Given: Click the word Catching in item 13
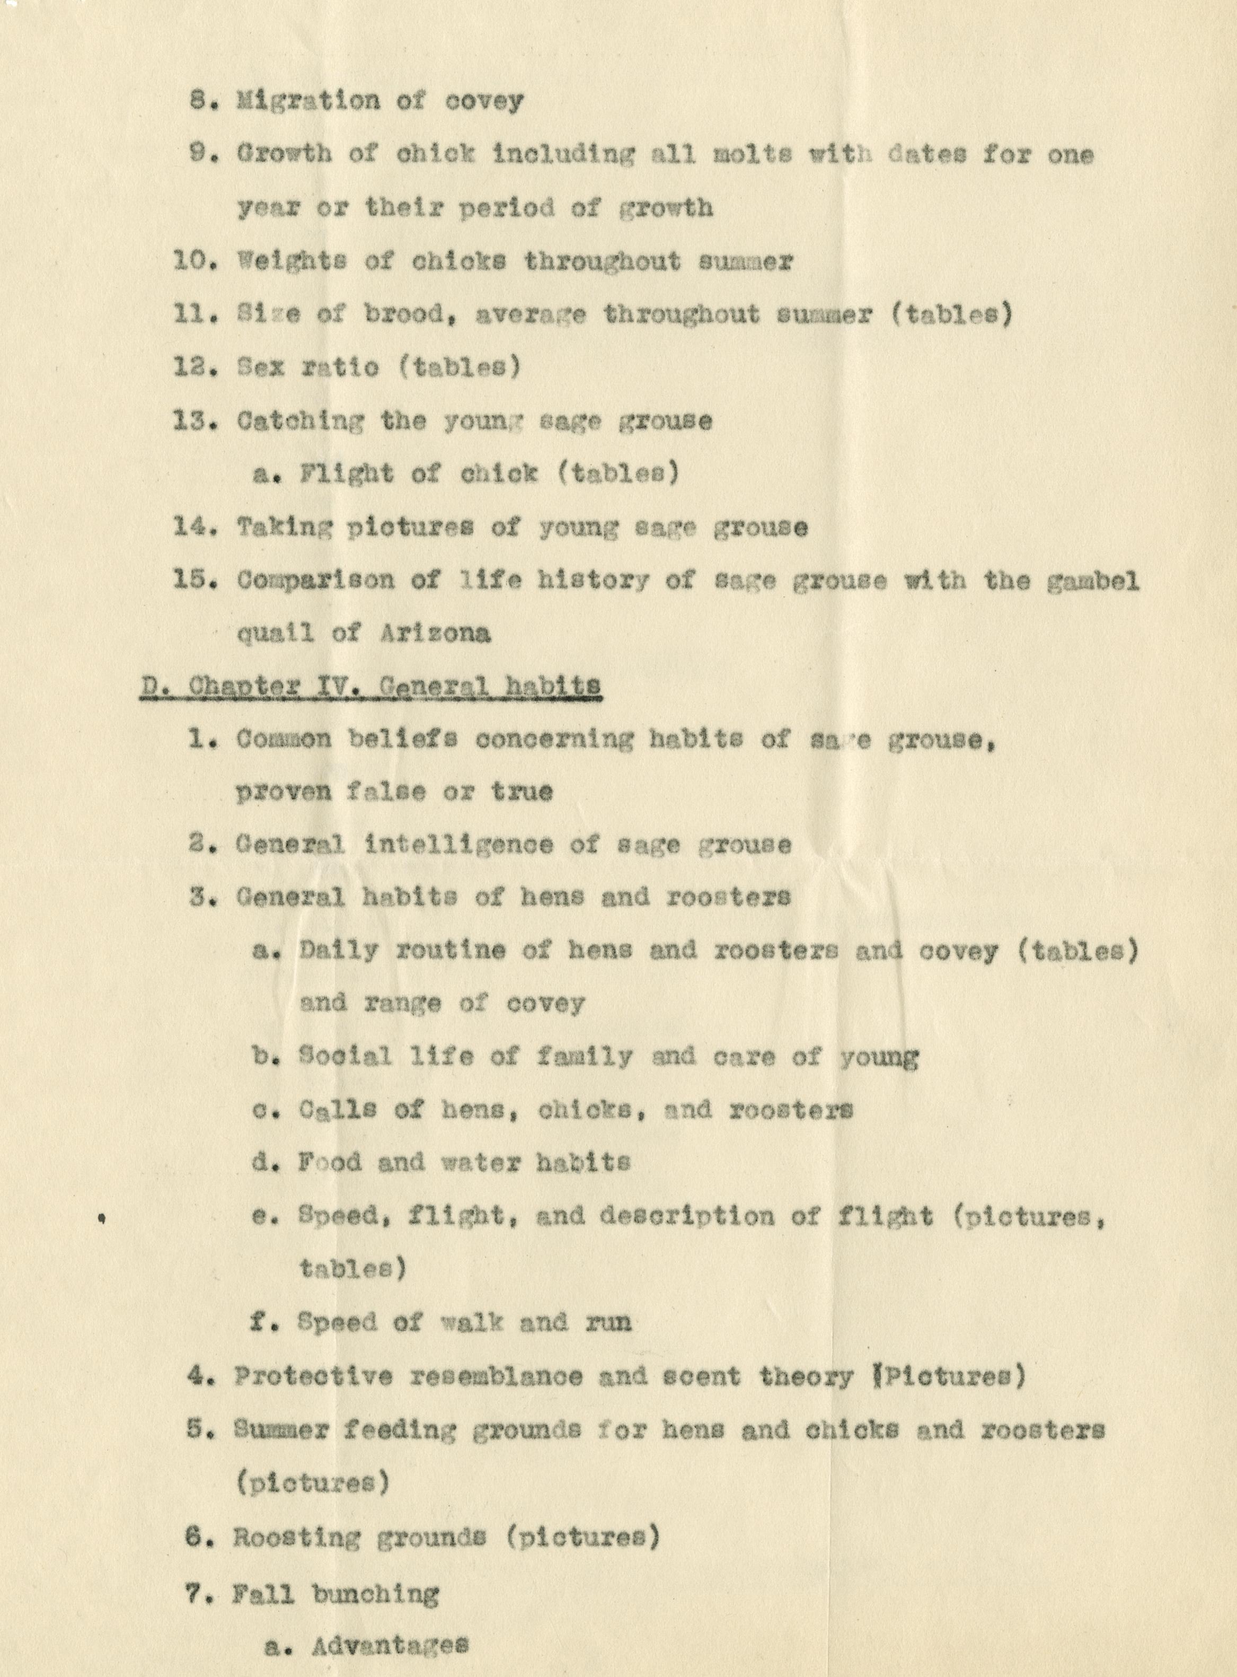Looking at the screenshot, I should click(x=299, y=422).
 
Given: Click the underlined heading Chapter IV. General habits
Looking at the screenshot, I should click(x=370, y=686).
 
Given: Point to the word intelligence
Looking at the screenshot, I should click(x=459, y=845).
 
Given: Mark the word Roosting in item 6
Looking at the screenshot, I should click(x=296, y=1538).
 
